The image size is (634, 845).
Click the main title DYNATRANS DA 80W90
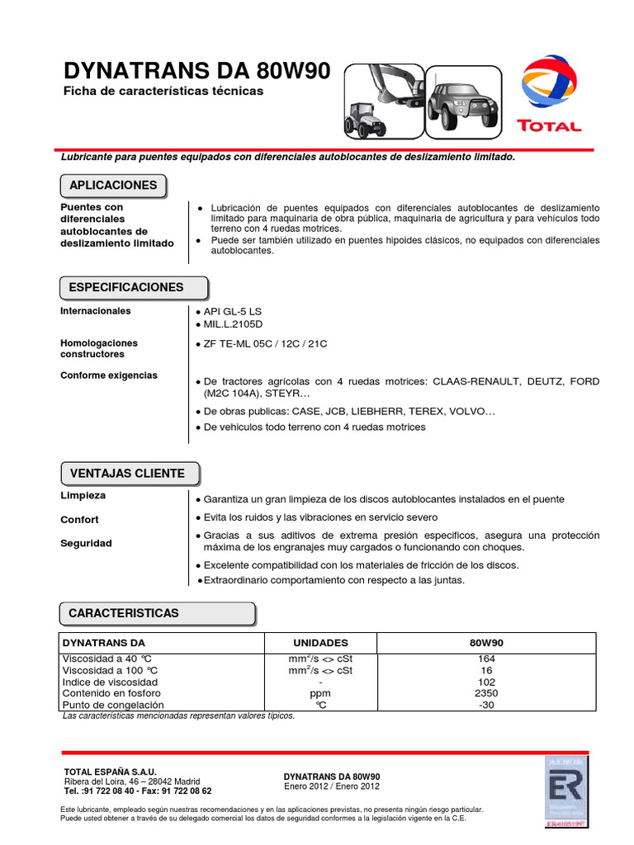(196, 72)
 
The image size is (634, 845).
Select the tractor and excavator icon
(382, 100)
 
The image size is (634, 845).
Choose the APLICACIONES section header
(113, 186)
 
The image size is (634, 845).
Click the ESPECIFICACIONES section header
(126, 288)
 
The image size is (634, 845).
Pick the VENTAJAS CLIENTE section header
(128, 474)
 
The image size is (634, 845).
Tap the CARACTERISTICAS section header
(124, 614)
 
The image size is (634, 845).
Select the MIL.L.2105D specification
(232, 325)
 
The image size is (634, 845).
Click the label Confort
(79, 520)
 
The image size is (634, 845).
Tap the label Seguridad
(86, 544)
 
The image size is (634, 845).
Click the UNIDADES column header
(320, 643)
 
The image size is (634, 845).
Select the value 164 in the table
(486, 659)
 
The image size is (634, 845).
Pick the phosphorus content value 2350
(486, 694)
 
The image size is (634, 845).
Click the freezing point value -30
(486, 706)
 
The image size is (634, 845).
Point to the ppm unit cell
(320, 694)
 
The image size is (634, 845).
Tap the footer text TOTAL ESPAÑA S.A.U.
(110, 771)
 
